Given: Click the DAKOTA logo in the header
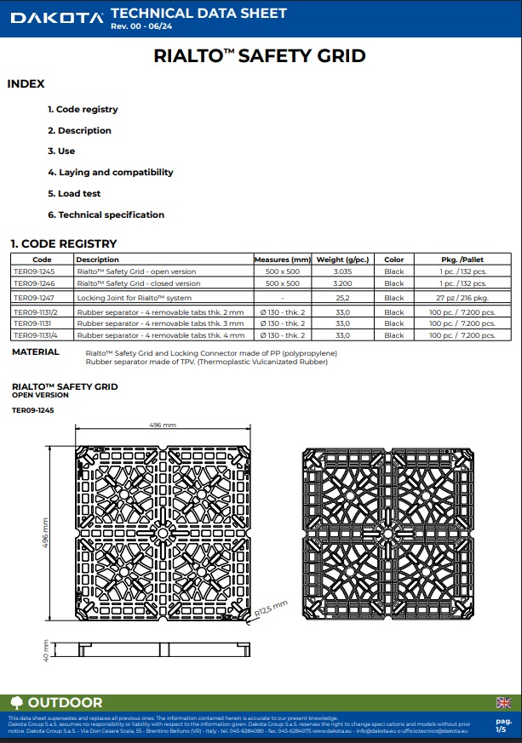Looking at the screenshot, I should click(x=53, y=18).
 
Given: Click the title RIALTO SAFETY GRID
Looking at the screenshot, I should click(x=260, y=57).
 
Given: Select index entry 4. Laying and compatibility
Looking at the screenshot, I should click(x=110, y=172).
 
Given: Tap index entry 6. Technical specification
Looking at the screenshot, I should click(x=106, y=214).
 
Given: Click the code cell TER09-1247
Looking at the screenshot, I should click(x=33, y=298).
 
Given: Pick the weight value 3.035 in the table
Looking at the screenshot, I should click(x=343, y=271).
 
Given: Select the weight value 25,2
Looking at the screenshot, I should click(x=343, y=298).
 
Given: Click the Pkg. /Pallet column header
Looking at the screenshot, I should click(x=463, y=260).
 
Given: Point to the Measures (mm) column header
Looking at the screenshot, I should click(x=283, y=260).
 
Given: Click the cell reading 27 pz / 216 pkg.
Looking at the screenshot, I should click(x=463, y=298).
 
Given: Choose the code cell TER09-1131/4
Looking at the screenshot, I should click(x=37, y=335).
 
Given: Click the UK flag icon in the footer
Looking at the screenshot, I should click(x=503, y=702).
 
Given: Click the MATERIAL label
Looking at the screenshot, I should click(x=36, y=352).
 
